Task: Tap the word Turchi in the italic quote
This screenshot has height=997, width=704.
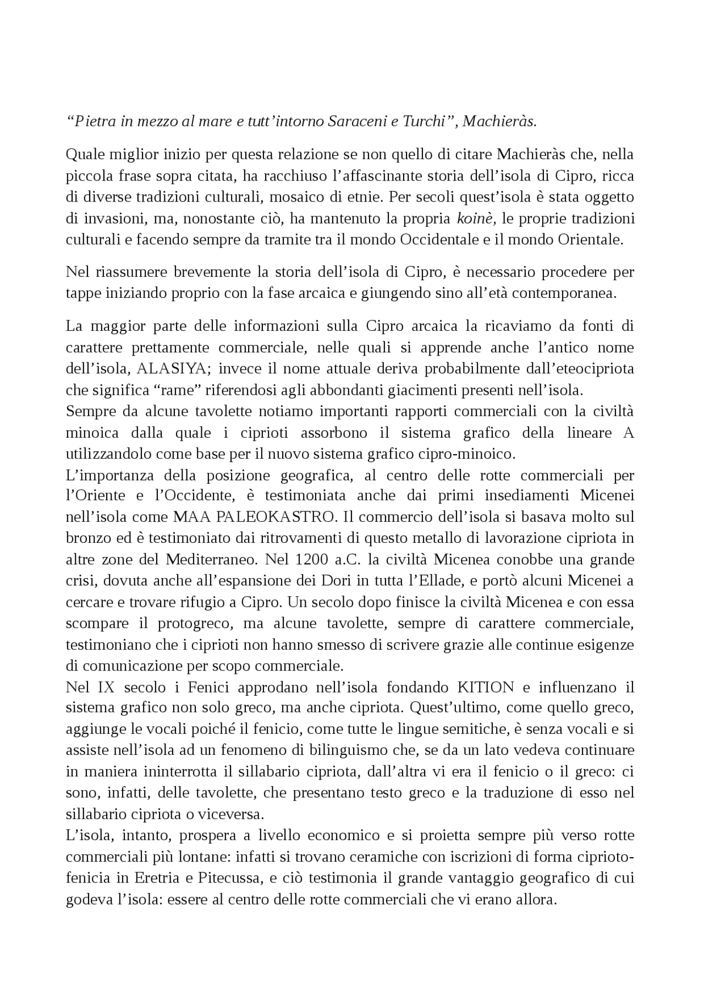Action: tap(423, 122)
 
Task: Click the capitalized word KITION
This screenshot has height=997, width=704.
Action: tap(486, 687)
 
